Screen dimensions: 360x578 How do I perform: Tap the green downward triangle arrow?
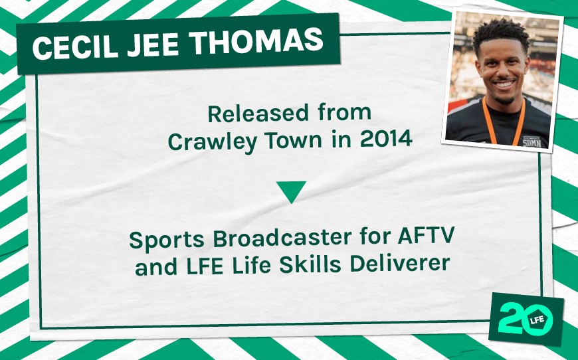291,191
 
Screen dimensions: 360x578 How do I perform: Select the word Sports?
160,239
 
